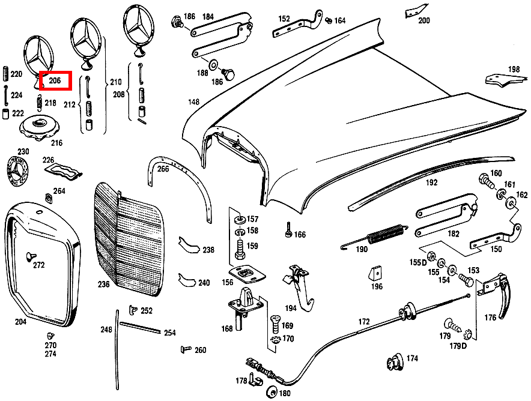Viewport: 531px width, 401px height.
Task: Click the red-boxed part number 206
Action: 55,80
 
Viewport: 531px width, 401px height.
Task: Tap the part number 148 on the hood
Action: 193,102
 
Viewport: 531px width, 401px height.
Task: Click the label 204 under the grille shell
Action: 21,322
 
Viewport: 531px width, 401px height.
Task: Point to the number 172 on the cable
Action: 364,322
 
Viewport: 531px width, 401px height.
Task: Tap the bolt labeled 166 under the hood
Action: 289,229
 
